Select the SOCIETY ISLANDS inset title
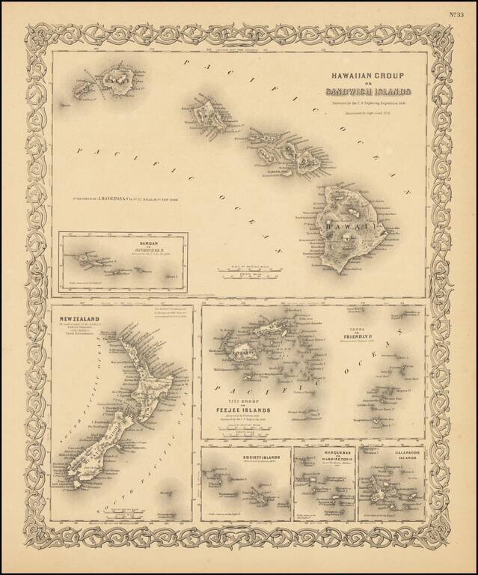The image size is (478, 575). (x=245, y=455)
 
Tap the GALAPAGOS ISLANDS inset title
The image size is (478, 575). (x=390, y=457)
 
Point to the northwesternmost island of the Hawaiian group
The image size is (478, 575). (x=81, y=91)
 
